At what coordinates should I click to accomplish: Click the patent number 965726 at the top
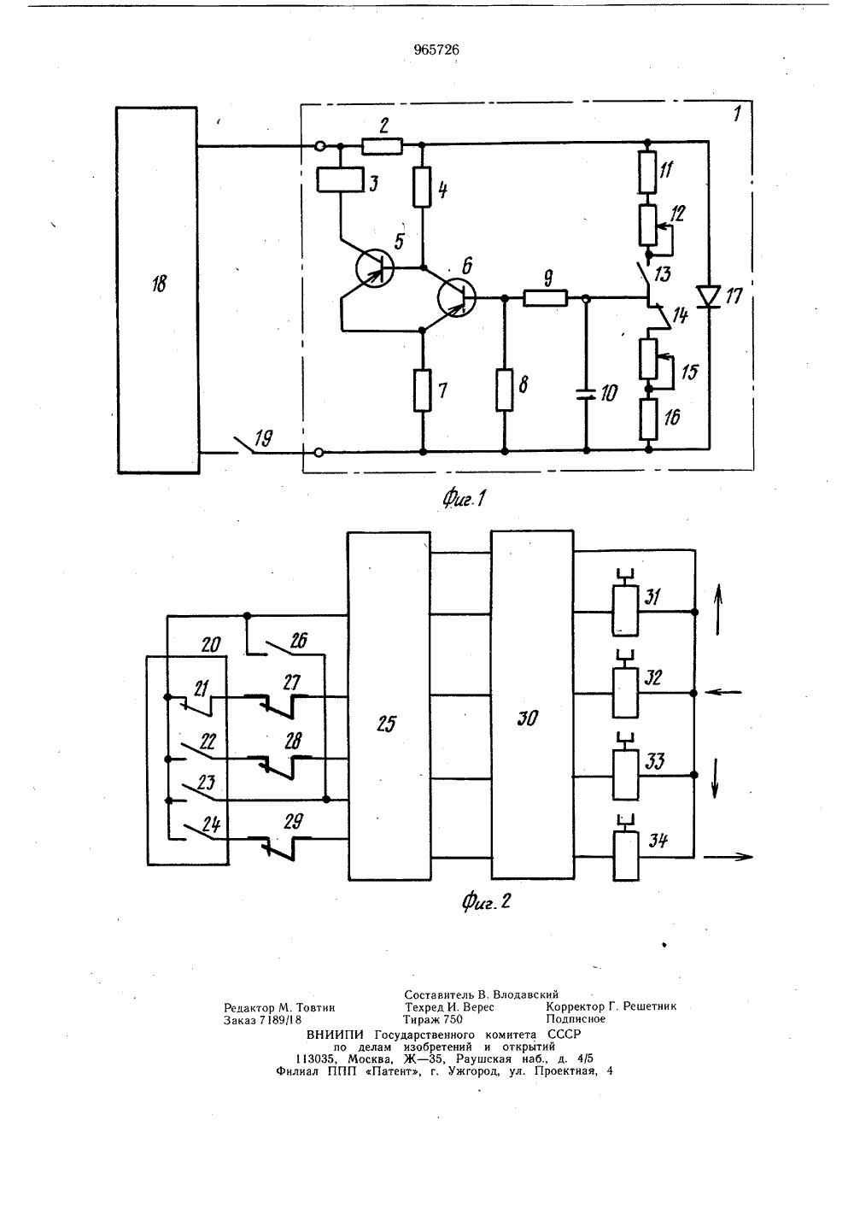coord(436,50)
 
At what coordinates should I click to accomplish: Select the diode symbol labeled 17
coord(709,296)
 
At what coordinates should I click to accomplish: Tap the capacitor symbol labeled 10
coord(587,394)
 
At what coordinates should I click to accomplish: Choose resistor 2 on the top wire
coord(383,146)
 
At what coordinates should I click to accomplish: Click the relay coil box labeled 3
coord(340,180)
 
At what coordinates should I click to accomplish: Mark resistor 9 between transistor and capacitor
coord(546,297)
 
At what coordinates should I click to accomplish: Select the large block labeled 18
coord(157,290)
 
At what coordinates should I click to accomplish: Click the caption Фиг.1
coord(464,499)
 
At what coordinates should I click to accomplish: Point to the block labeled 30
coord(532,705)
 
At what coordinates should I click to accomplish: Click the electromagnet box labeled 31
coord(625,611)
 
